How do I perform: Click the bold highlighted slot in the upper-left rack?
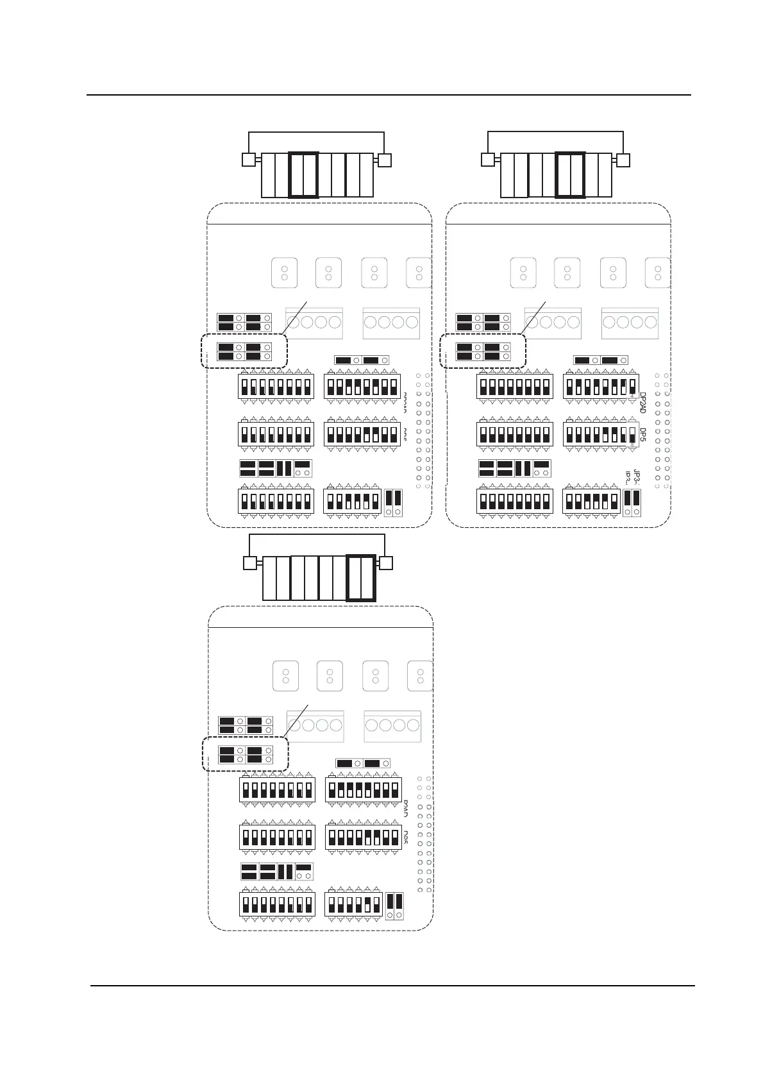(303, 174)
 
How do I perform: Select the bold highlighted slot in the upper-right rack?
(570, 174)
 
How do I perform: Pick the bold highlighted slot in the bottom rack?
(360, 578)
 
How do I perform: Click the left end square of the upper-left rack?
(249, 160)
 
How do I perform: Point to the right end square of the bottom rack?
(386, 563)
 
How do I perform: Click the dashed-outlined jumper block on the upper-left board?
(244, 351)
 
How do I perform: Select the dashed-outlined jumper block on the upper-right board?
(483, 351)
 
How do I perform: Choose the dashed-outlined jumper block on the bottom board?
(246, 754)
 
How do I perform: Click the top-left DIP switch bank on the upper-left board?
(276, 387)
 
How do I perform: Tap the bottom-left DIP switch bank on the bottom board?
(278, 904)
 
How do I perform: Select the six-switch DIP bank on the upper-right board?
(591, 501)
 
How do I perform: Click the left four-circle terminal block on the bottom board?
(315, 726)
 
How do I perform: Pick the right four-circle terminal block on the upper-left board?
(391, 323)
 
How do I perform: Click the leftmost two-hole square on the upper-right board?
(523, 273)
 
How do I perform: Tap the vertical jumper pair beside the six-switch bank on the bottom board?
(395, 905)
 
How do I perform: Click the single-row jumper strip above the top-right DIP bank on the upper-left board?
(362, 360)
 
